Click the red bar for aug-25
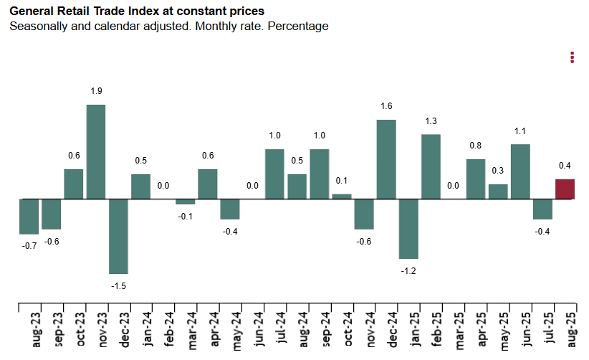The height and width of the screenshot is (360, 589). [x=565, y=189]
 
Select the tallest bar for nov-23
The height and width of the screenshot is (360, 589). [x=96, y=152]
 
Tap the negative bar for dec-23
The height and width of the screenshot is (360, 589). [x=118, y=236]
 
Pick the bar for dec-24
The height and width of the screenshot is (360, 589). [x=386, y=159]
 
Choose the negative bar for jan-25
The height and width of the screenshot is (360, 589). [x=408, y=229]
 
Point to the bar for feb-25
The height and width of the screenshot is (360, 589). [x=431, y=166]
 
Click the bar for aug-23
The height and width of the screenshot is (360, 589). [x=29, y=217]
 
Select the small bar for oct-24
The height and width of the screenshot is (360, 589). [x=342, y=196]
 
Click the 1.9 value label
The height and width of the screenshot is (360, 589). [x=96, y=91]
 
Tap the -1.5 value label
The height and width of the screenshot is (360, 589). [x=118, y=285]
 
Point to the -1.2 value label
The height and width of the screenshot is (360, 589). [x=408, y=270]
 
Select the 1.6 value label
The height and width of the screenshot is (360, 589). [x=386, y=106]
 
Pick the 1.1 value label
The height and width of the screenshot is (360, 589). [x=520, y=131]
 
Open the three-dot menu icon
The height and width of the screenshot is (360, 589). [x=572, y=57]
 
